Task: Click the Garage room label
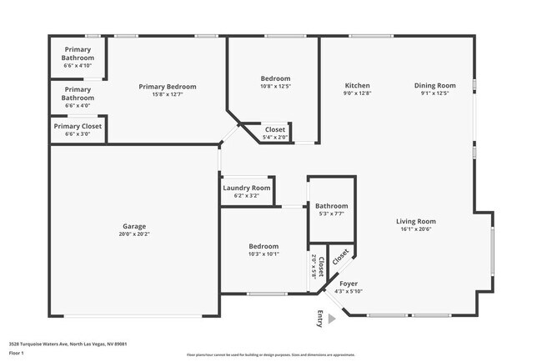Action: click(134, 226)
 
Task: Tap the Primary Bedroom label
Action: click(168, 87)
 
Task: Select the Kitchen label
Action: click(358, 86)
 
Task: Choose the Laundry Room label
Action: click(246, 189)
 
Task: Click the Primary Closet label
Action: click(78, 126)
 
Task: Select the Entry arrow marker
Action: click(333, 318)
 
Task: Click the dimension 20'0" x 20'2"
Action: click(134, 234)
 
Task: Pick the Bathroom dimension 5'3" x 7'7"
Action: click(331, 214)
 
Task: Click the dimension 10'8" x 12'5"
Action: click(275, 87)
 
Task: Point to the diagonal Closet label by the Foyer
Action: click(340, 257)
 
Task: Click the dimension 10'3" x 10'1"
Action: click(263, 254)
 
